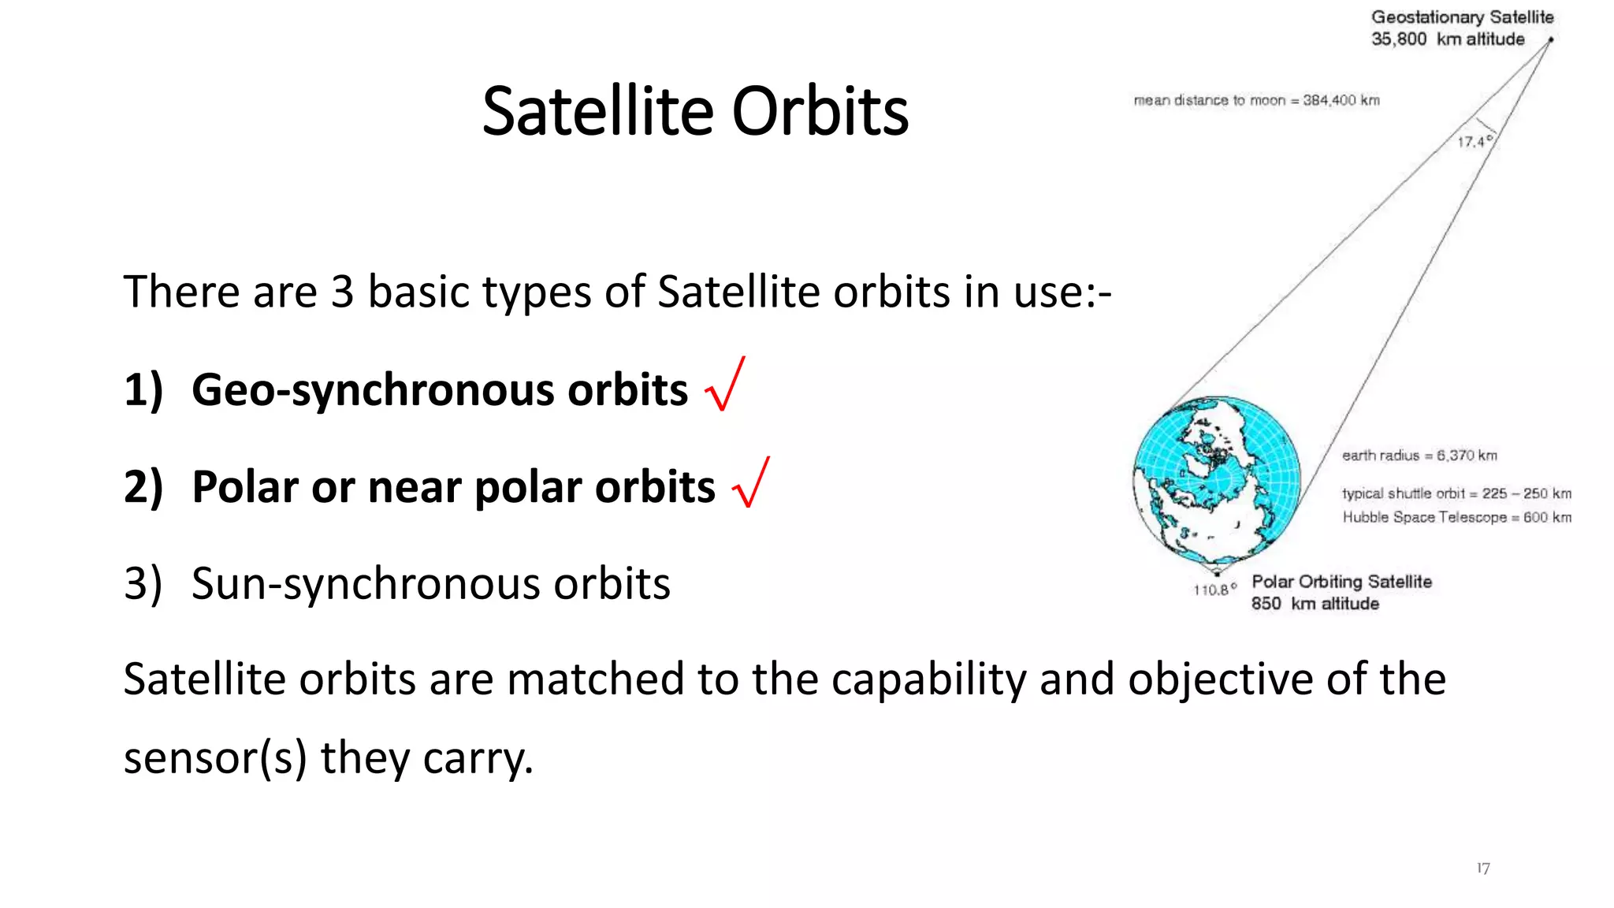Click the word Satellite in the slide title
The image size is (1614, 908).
(597, 112)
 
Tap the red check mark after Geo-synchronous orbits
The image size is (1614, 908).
(725, 385)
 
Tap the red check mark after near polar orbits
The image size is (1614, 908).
(750, 483)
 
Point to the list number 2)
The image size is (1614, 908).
(143, 487)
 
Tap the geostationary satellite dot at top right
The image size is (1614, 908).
(1550, 39)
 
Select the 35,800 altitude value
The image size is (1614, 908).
(1398, 39)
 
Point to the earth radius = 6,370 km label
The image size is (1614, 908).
(1419, 456)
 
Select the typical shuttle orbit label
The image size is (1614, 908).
(1403, 493)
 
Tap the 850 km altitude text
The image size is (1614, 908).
(1315, 604)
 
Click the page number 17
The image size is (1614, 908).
(1482, 868)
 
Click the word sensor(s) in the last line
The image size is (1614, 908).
(214, 758)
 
